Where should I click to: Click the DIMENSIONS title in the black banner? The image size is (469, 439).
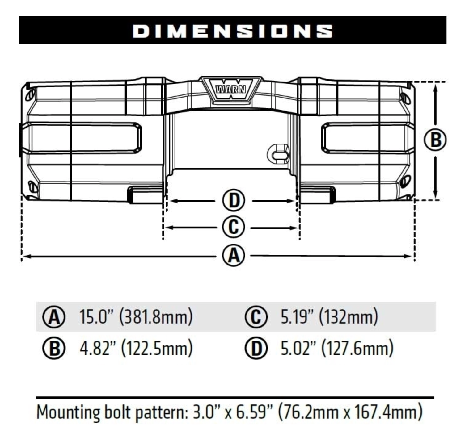(233, 31)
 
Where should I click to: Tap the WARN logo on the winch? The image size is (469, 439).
(231, 89)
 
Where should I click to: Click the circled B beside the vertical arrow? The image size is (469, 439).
(435, 140)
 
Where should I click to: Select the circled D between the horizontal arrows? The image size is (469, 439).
(234, 201)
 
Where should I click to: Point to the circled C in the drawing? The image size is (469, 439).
(234, 227)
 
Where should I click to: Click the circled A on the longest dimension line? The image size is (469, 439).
(234, 256)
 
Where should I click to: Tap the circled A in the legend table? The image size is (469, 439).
(54, 317)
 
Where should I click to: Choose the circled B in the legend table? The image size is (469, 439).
(54, 349)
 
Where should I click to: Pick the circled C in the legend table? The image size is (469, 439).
(256, 317)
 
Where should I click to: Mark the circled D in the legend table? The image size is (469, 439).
(256, 349)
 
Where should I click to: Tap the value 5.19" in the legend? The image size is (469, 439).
(297, 317)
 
